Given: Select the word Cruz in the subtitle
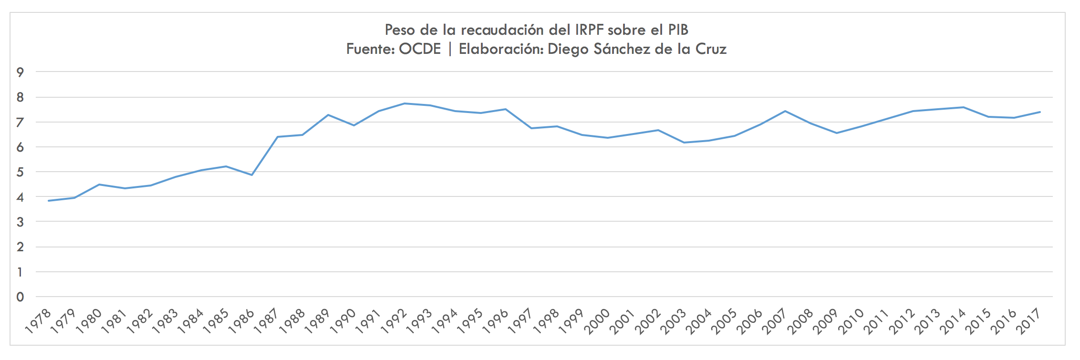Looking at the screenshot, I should coord(711,49).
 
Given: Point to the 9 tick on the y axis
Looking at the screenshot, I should coord(20,72).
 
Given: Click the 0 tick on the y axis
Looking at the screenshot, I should coord(20,297).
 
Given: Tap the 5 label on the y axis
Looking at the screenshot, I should coord(20,172).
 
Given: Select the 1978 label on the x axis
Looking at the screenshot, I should coord(38,321).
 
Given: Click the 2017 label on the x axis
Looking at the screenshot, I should coord(1029,321).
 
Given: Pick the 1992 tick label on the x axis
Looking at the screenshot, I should coord(394,321).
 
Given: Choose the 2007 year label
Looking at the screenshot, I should coord(775,321).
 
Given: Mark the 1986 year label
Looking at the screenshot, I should coord(241,321).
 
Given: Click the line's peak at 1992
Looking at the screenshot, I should coord(405,103).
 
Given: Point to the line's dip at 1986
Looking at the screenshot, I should coord(252,175).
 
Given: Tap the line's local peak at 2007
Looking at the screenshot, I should coord(785,111).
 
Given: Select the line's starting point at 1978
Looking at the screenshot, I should coord(49,201).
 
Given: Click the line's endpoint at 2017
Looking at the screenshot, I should coord(1040,112).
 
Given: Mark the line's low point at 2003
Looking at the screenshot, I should coord(684,143).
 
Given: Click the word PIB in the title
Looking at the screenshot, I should coord(678,30).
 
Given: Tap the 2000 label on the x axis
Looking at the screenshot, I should coord(597,321).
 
